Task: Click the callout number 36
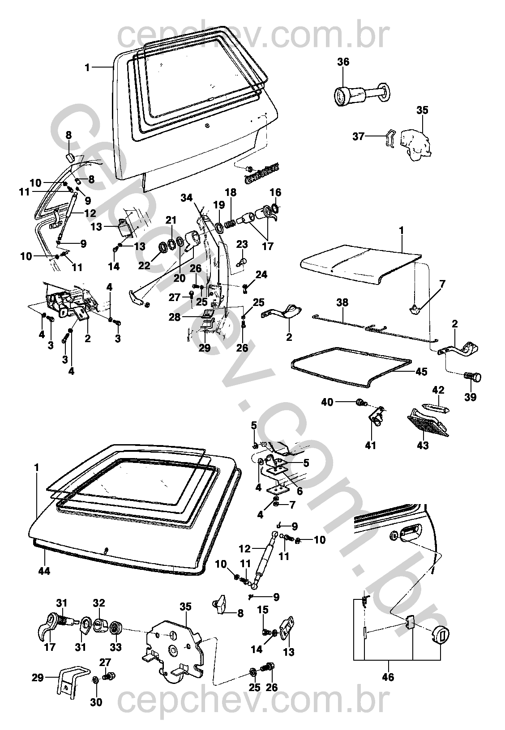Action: (343, 62)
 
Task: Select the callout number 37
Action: (358, 136)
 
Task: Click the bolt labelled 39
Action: (472, 377)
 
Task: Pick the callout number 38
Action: (342, 302)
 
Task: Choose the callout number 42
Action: (438, 390)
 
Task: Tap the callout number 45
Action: (421, 371)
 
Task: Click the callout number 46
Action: (388, 677)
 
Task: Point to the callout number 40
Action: (327, 402)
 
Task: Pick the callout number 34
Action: (187, 197)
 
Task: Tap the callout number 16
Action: (275, 193)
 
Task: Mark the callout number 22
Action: (144, 266)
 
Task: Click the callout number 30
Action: (96, 702)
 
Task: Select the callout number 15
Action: (263, 610)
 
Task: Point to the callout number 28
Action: (175, 317)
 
